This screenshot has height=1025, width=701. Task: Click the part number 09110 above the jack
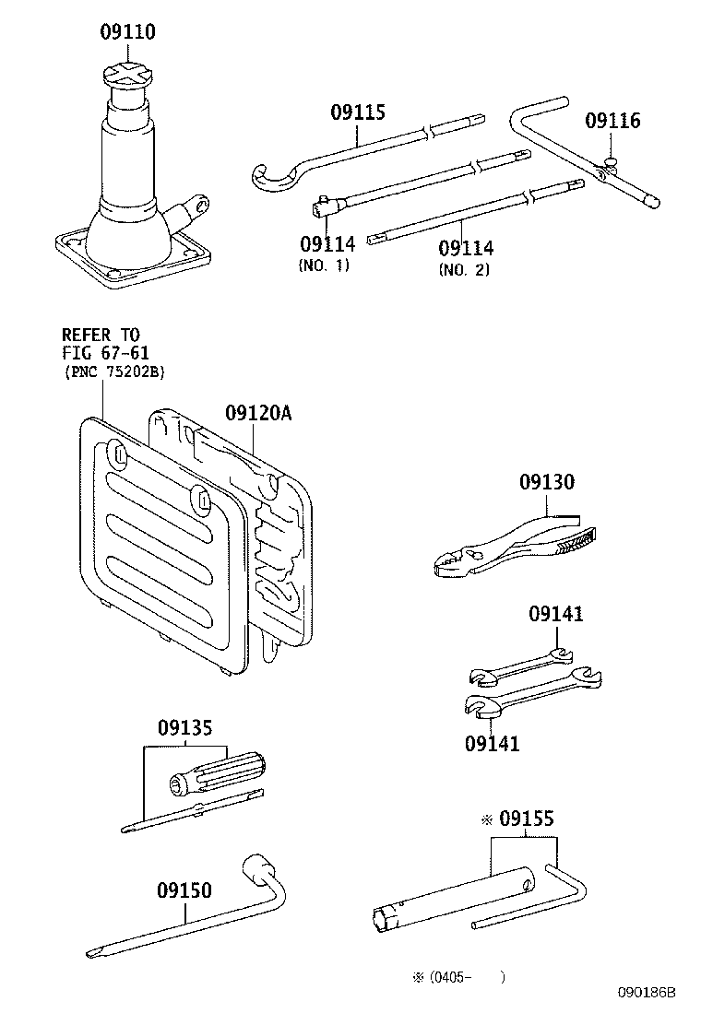(x=127, y=32)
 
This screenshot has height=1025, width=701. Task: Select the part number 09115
(x=358, y=112)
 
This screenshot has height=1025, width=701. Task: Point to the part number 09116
(x=612, y=121)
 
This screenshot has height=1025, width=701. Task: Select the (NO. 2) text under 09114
(x=463, y=270)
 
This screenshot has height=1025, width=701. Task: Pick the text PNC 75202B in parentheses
(x=113, y=371)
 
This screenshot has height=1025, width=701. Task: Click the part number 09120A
(x=257, y=414)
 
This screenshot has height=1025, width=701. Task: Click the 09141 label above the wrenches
(x=555, y=614)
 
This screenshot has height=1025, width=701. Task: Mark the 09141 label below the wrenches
(x=492, y=742)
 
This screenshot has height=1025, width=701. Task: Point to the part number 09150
(x=184, y=890)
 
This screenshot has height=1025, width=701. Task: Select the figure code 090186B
(x=647, y=993)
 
